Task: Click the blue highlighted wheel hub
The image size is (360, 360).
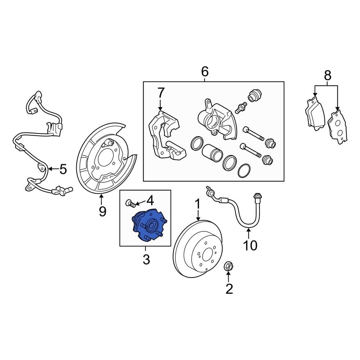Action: coord(148,226)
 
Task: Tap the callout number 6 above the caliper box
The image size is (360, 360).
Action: coord(204,72)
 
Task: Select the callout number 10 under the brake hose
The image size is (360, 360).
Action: coord(250,246)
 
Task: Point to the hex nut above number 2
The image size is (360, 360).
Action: coord(228,267)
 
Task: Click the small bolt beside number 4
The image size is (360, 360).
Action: coord(131,204)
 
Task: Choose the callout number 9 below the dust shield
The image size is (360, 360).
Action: coord(102,212)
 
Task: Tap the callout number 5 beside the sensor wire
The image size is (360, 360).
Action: coord(63,169)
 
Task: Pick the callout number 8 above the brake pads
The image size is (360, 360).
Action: coord(327,76)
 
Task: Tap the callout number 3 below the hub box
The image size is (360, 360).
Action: coord(146,259)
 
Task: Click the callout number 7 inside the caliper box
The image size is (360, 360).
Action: coord(161,93)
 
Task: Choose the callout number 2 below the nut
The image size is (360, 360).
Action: coord(229,289)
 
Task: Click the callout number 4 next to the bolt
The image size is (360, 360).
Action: coord(149,200)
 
